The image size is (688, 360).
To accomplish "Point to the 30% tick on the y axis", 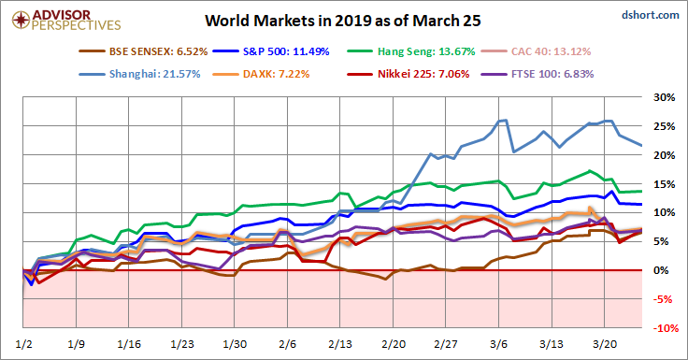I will tap(663, 97).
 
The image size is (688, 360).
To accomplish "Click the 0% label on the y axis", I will tap(666, 270).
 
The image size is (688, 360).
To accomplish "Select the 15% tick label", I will tap(663, 184).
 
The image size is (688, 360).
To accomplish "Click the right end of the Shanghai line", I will tap(640, 145).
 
